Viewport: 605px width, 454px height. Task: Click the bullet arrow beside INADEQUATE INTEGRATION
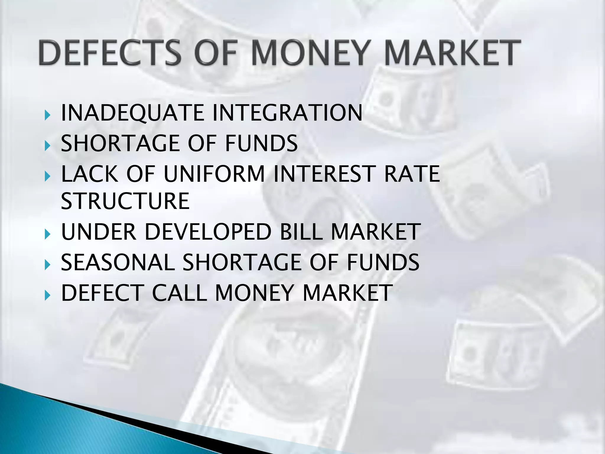(x=47, y=114)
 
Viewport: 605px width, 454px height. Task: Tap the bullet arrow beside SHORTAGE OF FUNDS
(x=47, y=145)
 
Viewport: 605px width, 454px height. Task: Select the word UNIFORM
(x=214, y=174)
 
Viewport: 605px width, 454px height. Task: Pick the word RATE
(x=412, y=174)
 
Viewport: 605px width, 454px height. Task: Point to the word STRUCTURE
(x=125, y=201)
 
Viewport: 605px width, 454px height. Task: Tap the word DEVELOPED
(x=208, y=232)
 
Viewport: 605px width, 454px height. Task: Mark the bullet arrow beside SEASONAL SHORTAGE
(x=47, y=264)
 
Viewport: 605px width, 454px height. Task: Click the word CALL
(x=180, y=293)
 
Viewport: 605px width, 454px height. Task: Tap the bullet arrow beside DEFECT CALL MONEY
(x=47, y=295)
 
